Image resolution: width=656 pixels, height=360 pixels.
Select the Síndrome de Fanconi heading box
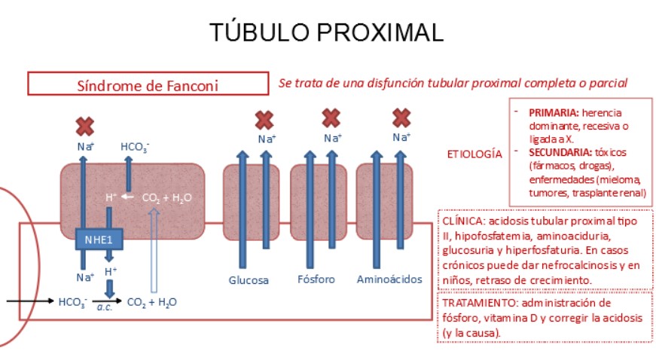tap(148, 84)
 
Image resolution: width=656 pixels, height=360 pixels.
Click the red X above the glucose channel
tap(264, 120)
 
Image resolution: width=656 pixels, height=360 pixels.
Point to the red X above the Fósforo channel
tap(331, 117)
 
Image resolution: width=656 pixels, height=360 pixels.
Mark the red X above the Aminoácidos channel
tap(401, 117)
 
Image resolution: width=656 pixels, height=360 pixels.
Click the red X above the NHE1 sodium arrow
tap(84, 126)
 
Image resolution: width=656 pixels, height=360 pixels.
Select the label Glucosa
tap(249, 280)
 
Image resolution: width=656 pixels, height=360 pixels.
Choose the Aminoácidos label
tap(389, 280)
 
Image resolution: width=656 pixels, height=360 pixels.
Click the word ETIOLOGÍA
tap(474, 154)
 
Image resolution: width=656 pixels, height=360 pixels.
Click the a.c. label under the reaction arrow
tap(103, 308)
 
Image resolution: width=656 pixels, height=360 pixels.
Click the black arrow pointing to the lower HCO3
tap(29, 301)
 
